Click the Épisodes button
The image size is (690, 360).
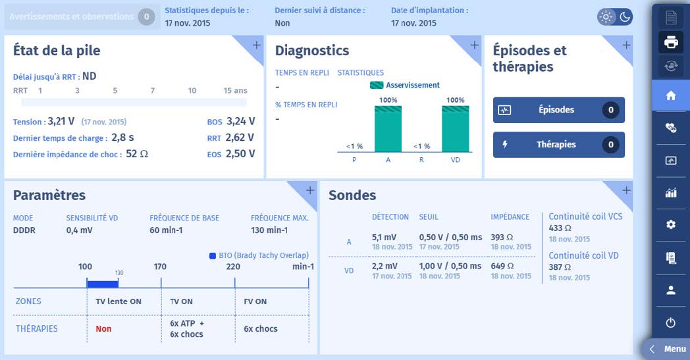click(x=558, y=110)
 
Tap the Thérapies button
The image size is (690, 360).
click(x=558, y=145)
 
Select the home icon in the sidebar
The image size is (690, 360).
click(x=671, y=95)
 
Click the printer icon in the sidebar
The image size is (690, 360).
click(x=671, y=42)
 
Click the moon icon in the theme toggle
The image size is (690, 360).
click(x=625, y=16)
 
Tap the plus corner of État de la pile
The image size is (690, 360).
click(x=256, y=45)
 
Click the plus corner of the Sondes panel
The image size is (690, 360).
click(x=625, y=190)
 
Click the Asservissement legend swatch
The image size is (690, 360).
click(x=376, y=85)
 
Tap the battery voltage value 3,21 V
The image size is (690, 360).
click(x=61, y=121)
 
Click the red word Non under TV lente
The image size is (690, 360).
click(x=103, y=329)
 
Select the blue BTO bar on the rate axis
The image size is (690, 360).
click(x=102, y=284)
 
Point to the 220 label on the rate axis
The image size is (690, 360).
click(x=233, y=267)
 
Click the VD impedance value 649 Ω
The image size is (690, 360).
click(x=502, y=266)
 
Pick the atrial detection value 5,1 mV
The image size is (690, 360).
click(x=385, y=237)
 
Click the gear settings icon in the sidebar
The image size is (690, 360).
click(x=671, y=224)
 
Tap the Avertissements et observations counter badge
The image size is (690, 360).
click(x=146, y=16)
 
